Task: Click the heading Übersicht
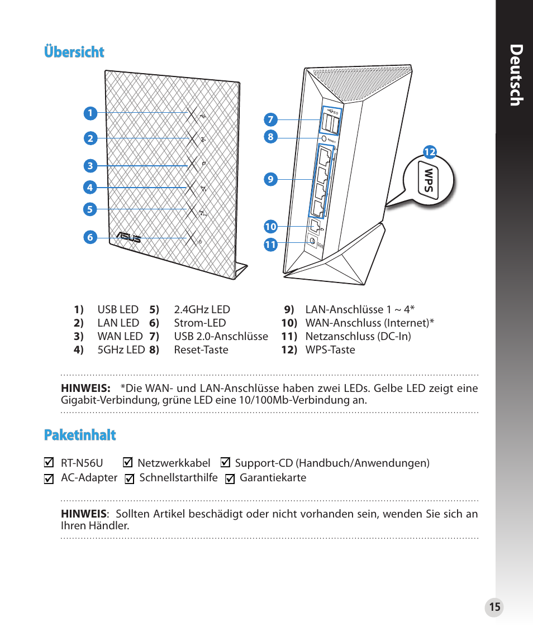tap(74, 52)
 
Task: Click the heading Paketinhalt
tap(80, 435)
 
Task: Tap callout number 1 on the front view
tap(89, 113)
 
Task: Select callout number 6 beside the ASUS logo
tap(89, 237)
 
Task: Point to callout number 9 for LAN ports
tap(270, 179)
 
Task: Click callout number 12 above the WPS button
tap(429, 152)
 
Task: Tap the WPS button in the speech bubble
tap(429, 181)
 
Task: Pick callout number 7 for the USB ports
tap(270, 119)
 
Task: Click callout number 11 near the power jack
tap(270, 245)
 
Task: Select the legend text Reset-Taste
tap(201, 350)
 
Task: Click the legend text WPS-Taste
tap(330, 350)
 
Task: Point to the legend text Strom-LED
tap(200, 323)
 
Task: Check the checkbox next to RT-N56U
tap(49, 463)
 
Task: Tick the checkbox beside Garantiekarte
tap(230, 478)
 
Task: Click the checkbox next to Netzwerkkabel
tap(127, 463)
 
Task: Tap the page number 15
tap(494, 607)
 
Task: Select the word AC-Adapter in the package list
tap(89, 478)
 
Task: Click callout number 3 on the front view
tap(89, 166)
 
